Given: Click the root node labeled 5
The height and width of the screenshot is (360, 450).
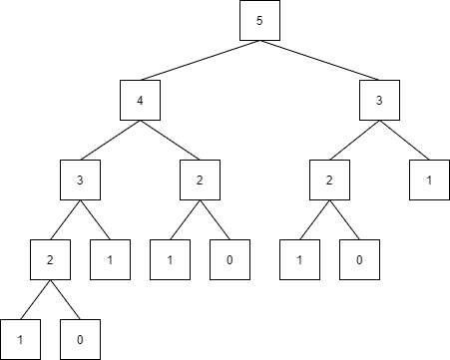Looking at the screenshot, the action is [259, 21].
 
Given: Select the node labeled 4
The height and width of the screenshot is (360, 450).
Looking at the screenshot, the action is [140, 100].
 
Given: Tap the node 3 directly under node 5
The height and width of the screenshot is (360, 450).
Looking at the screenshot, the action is [379, 100].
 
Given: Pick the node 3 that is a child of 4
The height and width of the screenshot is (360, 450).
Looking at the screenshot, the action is [80, 180].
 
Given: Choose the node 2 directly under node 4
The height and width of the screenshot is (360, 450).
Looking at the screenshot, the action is [200, 180].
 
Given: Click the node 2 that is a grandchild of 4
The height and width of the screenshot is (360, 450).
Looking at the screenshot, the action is [50, 259].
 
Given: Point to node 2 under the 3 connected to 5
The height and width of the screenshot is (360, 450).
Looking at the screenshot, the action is [329, 180].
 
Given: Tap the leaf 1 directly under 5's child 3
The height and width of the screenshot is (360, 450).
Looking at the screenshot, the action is [429, 180].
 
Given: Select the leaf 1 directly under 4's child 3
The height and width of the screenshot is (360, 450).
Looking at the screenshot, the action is [110, 259].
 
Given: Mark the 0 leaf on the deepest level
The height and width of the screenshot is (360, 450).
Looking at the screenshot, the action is [80, 339].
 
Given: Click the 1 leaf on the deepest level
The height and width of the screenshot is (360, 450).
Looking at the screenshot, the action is [20, 339].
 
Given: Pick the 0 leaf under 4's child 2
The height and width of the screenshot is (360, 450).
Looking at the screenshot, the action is [229, 259].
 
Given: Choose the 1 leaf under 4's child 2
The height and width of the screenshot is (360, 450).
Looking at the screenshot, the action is [170, 259].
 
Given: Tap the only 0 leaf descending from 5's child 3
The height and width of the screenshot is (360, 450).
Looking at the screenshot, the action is [359, 259].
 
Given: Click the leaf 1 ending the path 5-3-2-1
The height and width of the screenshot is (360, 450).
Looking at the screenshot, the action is [299, 259].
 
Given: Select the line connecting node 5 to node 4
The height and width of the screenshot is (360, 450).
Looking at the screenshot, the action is [200, 60].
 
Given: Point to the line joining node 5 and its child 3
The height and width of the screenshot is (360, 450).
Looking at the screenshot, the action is [319, 60].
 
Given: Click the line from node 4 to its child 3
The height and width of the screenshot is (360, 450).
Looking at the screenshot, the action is [110, 140].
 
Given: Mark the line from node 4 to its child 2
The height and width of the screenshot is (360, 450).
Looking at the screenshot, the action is [170, 140].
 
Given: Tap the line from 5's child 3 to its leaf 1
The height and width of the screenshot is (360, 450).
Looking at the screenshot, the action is [404, 140].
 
